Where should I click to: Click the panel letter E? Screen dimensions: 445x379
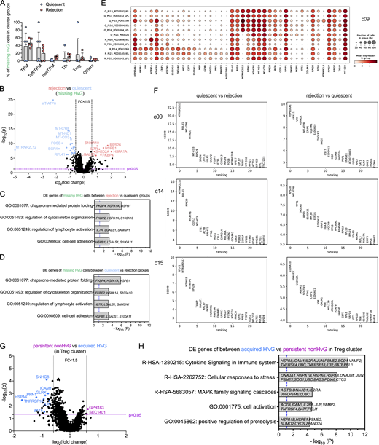coord(149,4)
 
